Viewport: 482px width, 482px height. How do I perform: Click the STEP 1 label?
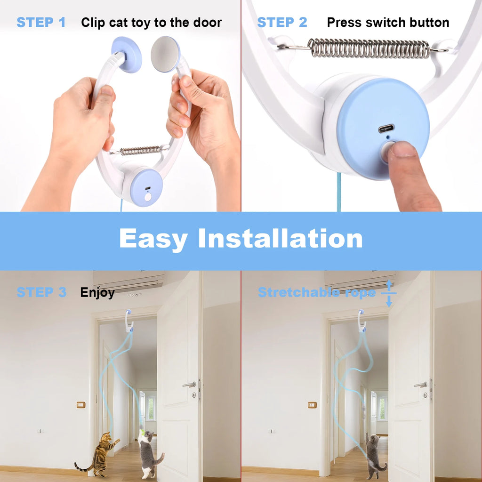point(41,22)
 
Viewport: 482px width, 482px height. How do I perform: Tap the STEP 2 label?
point(282,22)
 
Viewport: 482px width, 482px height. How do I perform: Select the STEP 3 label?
point(41,292)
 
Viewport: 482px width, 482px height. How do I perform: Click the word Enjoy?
point(97,293)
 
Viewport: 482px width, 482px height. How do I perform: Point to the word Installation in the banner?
point(280,239)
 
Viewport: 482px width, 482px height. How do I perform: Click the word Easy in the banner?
point(153,239)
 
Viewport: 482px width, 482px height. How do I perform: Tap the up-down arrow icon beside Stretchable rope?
point(389,293)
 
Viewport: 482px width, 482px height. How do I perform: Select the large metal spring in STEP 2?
point(369,48)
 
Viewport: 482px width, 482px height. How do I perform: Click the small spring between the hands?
point(140,151)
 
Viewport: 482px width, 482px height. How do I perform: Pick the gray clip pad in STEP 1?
point(165,54)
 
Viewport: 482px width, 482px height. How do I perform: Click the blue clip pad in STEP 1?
point(127,55)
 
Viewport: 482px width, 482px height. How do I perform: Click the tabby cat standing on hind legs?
point(101,454)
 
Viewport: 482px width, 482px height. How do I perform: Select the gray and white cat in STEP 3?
point(149,455)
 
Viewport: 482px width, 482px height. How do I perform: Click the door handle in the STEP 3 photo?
point(189,385)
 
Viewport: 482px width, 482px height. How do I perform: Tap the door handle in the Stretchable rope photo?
point(420,385)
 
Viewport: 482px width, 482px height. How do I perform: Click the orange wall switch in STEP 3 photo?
point(81,405)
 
